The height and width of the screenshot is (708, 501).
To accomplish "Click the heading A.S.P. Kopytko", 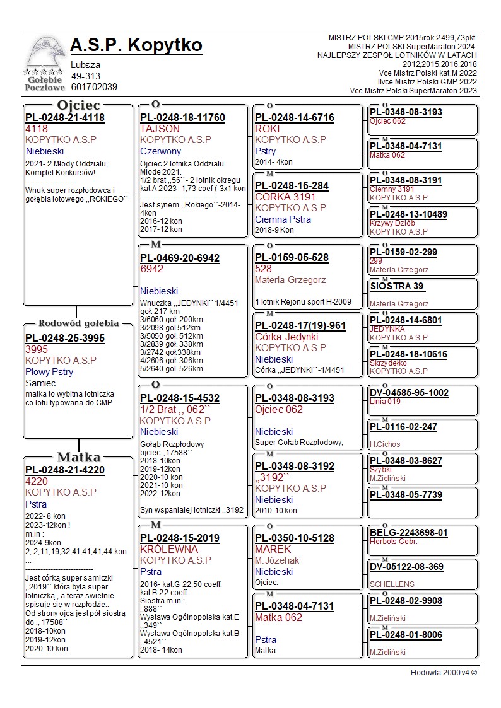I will [x=136, y=45].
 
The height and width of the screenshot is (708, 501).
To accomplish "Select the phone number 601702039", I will [x=94, y=87].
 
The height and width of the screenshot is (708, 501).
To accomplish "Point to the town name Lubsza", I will [x=85, y=65].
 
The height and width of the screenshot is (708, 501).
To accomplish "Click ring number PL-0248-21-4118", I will [x=65, y=118].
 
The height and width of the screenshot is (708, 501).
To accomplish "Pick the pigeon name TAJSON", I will [x=160, y=129].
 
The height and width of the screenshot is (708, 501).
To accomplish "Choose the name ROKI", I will [x=267, y=129].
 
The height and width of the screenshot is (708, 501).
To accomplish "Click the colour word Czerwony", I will [x=160, y=151].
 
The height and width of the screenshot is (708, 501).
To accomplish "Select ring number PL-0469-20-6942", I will [x=180, y=258].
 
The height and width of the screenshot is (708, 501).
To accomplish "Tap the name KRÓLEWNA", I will [x=169, y=549].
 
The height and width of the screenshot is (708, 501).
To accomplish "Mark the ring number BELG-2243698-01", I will [x=409, y=533].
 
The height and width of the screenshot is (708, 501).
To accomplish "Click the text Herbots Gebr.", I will [x=393, y=542].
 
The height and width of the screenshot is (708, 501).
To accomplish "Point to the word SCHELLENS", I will [x=392, y=584].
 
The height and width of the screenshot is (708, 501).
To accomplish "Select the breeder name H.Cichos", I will [x=386, y=444].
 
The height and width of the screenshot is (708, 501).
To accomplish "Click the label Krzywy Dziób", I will [x=392, y=223].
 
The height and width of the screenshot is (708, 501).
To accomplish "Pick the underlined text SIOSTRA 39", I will [x=398, y=287].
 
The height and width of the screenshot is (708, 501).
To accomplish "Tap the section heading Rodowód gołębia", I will [x=78, y=323].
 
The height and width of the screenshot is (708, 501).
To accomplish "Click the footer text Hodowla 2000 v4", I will [x=444, y=673].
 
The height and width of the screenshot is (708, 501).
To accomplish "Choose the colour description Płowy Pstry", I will [x=49, y=372].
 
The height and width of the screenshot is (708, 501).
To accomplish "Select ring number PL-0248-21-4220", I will [x=65, y=470].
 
